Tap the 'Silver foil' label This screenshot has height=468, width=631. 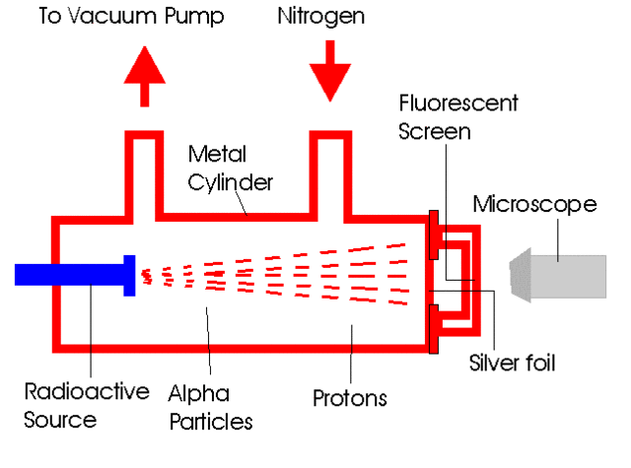coord(512,363)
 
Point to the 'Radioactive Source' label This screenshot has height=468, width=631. coord(86,405)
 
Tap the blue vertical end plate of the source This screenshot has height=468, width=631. coord(128,275)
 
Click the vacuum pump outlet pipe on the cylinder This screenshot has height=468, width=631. coord(144,167)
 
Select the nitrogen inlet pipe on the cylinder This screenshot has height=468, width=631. coord(332,167)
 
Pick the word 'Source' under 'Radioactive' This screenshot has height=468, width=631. coord(61,419)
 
